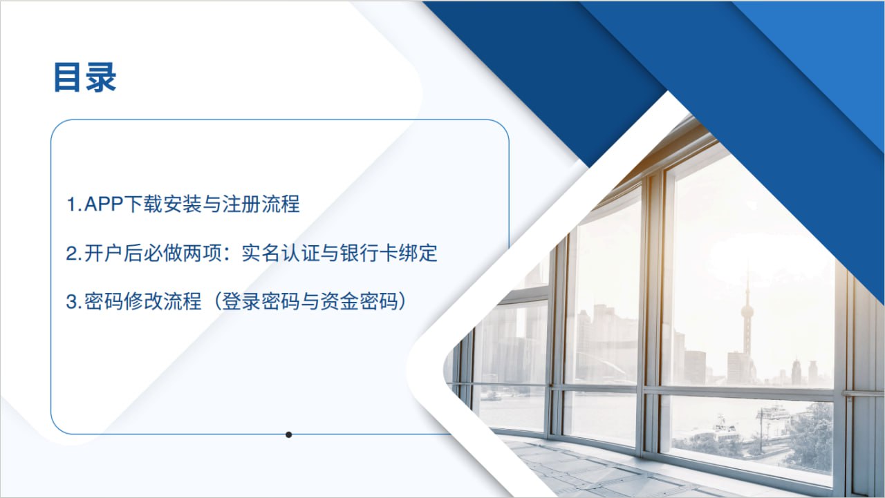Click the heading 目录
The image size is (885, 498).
pos(84,77)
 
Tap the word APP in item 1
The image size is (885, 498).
pos(104,204)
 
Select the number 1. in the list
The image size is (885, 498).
pos(74,204)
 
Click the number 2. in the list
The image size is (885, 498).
pos(74,253)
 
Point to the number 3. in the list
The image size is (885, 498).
pos(74,302)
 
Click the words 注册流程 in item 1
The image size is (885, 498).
pos(261,204)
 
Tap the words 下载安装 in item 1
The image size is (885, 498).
pos(162,204)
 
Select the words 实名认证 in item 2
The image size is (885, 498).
pos(281,253)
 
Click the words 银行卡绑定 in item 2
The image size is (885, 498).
pos(389,253)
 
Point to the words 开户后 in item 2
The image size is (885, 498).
pos(113,253)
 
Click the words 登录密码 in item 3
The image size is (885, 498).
pos(261,302)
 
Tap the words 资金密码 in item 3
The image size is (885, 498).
pos(359,302)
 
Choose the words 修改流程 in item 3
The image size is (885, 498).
pos(162,302)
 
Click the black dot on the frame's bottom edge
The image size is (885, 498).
pos(289,434)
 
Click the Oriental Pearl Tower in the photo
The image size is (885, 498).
pos(747,316)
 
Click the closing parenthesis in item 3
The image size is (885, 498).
pos(402,302)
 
